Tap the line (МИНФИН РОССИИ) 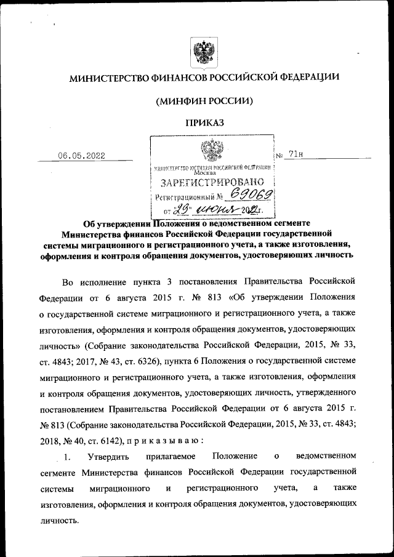click(x=204, y=100)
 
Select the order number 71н click(x=295, y=154)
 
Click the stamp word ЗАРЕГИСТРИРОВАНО click(x=212, y=183)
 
